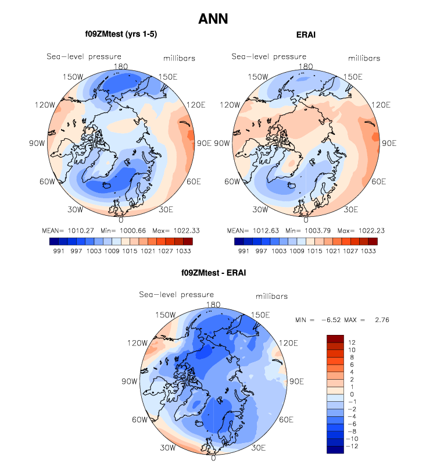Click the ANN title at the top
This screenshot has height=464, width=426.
[x=213, y=19]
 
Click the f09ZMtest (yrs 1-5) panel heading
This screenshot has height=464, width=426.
[x=121, y=35]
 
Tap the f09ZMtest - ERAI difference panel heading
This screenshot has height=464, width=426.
[x=213, y=272]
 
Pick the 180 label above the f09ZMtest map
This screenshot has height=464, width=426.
[x=121, y=66]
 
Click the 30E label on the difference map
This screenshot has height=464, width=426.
[x=258, y=448]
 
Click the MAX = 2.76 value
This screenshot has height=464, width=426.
[x=366, y=320]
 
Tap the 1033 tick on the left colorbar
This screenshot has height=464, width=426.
[x=182, y=251]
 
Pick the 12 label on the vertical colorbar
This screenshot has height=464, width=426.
[x=352, y=342]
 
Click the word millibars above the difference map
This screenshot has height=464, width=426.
[x=271, y=297]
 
